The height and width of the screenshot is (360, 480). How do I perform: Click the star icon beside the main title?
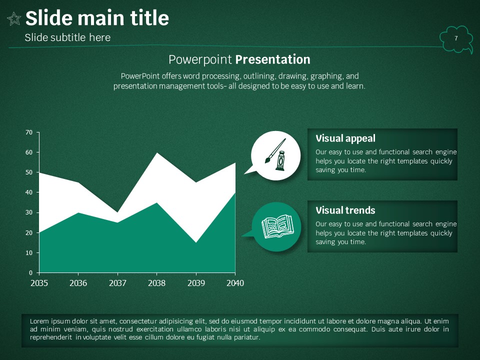click(14, 19)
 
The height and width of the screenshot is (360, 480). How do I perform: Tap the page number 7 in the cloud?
click(456, 38)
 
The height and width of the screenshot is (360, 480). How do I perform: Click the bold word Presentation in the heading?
click(273, 59)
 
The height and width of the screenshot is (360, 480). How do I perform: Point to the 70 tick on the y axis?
click(29, 132)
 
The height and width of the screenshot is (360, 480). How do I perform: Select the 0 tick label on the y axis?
click(30, 273)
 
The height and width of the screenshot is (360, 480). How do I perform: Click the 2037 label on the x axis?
click(117, 283)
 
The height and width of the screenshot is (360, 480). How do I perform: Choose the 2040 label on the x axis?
click(235, 283)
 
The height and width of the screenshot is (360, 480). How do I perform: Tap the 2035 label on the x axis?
click(39, 283)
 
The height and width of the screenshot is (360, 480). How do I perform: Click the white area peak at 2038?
click(156, 153)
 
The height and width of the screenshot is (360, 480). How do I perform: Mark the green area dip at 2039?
click(196, 242)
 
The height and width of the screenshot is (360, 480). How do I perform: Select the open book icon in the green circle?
click(277, 226)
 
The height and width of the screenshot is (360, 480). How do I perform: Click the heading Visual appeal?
click(345, 138)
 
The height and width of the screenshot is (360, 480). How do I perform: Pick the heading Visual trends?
click(345, 210)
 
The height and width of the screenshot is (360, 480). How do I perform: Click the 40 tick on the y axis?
click(29, 192)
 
